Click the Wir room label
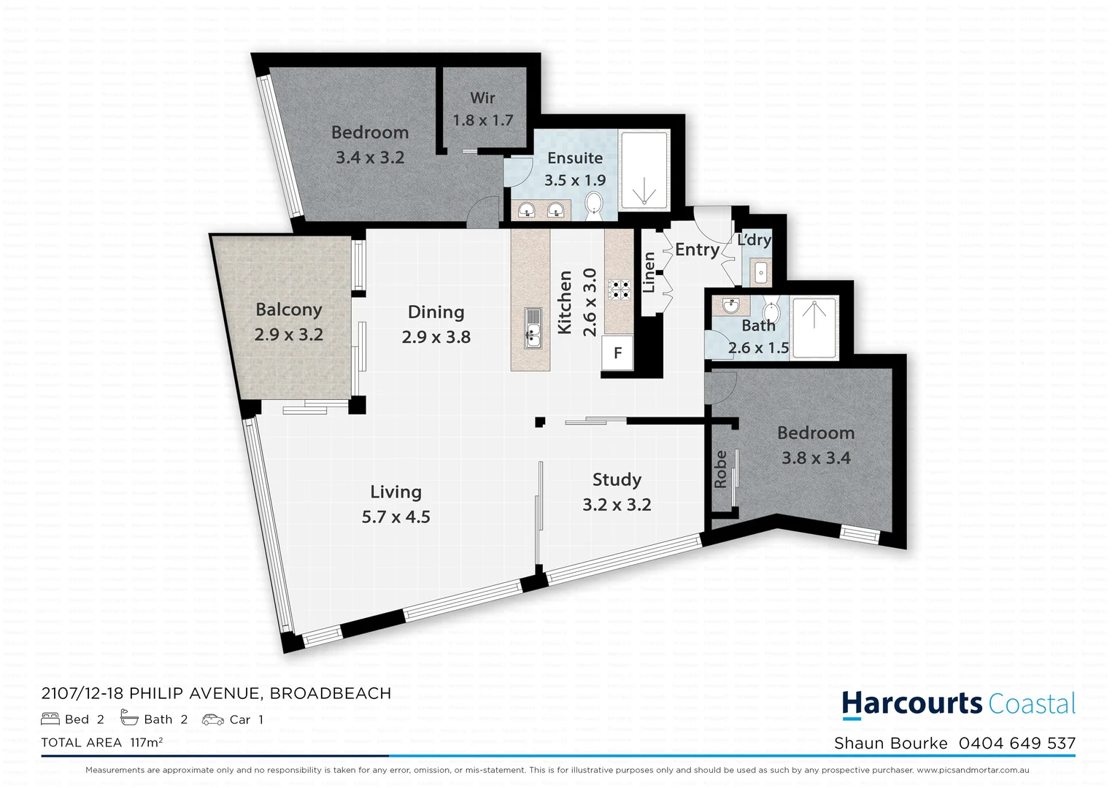tap(482, 98)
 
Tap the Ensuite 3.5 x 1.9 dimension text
tap(575, 180)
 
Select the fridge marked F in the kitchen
tap(617, 354)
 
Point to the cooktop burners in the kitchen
tap(620, 290)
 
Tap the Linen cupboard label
tap(649, 272)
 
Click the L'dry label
tap(754, 240)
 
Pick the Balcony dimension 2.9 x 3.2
tap(289, 335)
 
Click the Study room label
tap(617, 479)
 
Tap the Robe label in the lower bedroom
tap(721, 469)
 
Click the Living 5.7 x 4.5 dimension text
tap(396, 517)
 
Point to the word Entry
tap(697, 250)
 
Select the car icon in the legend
tap(213, 719)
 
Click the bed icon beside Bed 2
tap(50, 719)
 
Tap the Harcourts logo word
tap(912, 703)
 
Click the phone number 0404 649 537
tap(1017, 743)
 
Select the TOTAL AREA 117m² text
tap(102, 743)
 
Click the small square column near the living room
tap(540, 422)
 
